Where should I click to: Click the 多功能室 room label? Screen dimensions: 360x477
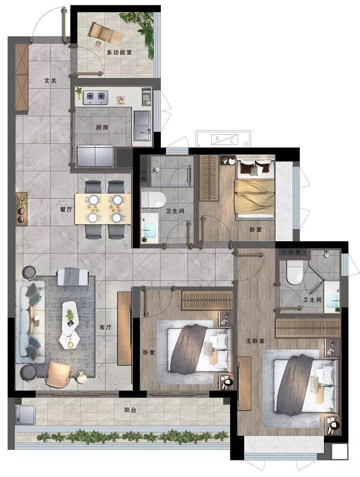pos(119,53)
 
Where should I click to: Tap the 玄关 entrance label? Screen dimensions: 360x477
pos(50,81)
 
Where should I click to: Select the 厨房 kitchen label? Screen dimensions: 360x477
pos(102,127)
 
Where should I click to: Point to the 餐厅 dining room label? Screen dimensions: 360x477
pos(66,210)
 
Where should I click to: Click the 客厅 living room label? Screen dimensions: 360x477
pos(106,327)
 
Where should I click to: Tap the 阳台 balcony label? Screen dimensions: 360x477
pos(130,410)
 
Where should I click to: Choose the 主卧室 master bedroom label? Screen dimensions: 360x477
pos(255,341)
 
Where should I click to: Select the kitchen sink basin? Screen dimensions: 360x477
pos(142,125)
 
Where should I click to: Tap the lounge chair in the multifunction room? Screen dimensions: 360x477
pos(106,33)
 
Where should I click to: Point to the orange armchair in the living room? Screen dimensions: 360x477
pos(59,373)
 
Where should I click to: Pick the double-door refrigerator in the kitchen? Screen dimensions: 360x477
pos(96,156)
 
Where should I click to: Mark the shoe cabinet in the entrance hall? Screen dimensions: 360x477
pos(22,78)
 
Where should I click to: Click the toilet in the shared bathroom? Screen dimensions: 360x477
pos(153,200)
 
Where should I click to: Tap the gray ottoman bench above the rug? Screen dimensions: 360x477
pos(73,277)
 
